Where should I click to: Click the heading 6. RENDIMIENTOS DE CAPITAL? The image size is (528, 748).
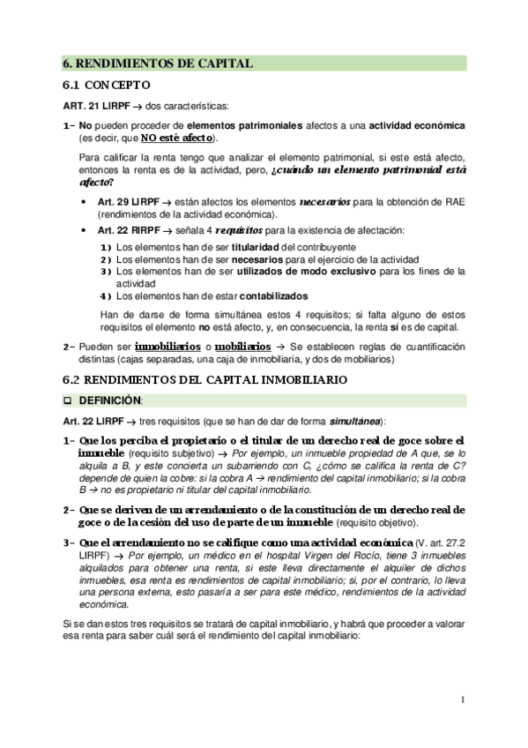pyautogui.click(x=159, y=63)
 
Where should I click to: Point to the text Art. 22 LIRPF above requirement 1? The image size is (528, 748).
pyautogui.click(x=93, y=420)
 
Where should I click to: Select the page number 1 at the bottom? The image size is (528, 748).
pyautogui.click(x=462, y=700)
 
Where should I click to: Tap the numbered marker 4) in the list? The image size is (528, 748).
pyautogui.click(x=107, y=296)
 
